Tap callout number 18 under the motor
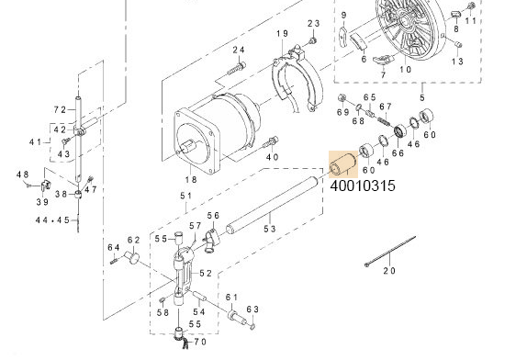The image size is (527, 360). [191, 180]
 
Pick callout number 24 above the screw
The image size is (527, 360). [238, 50]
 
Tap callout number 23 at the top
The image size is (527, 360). [313, 23]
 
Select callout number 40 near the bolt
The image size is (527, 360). [272, 157]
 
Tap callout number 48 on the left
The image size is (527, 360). [22, 174]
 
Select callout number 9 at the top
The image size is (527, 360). [343, 17]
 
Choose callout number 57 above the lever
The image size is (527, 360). [195, 226]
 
